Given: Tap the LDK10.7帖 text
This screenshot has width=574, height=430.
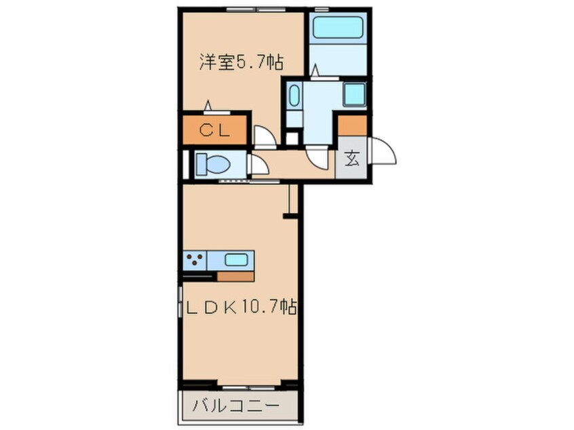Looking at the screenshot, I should click(241, 307).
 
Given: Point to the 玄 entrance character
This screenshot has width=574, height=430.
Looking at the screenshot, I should click(351, 161).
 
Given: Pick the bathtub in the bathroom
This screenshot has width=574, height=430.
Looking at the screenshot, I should click(338, 29).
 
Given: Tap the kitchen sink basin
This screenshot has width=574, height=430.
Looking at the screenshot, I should click(236, 259).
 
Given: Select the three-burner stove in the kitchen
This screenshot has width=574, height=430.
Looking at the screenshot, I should click(195, 259).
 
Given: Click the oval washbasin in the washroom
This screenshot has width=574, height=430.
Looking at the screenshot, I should click(294, 96).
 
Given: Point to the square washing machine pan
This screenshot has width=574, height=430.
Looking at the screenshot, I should click(354, 94).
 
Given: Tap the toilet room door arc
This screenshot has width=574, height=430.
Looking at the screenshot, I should click(259, 165).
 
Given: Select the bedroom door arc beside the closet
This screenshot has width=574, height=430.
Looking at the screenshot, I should click(265, 138).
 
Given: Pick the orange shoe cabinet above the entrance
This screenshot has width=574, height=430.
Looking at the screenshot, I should click(352, 125).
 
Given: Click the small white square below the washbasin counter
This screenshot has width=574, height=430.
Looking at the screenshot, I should click(292, 138).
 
